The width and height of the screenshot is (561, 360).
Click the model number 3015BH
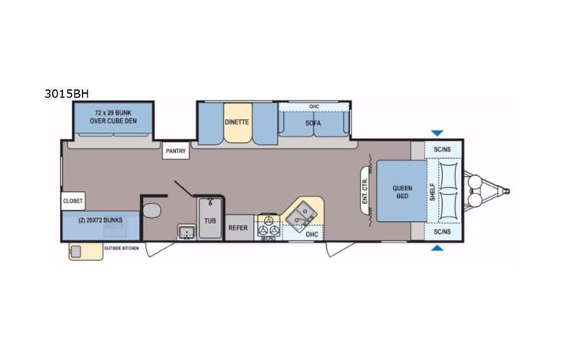point(68,94)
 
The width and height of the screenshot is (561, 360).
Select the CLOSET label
point(73,201)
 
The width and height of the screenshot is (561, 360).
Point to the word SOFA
point(312,123)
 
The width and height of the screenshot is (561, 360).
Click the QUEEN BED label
point(401,191)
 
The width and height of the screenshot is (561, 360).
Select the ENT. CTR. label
point(365,190)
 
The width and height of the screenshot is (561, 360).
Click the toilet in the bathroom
point(152,211)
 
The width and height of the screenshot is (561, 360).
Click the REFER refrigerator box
point(238,227)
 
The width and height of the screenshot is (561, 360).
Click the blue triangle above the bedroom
point(437,133)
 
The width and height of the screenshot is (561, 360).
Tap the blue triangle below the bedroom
point(437,248)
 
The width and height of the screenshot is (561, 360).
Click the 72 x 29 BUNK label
point(114,117)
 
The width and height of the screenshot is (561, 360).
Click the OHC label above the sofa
point(313,107)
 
